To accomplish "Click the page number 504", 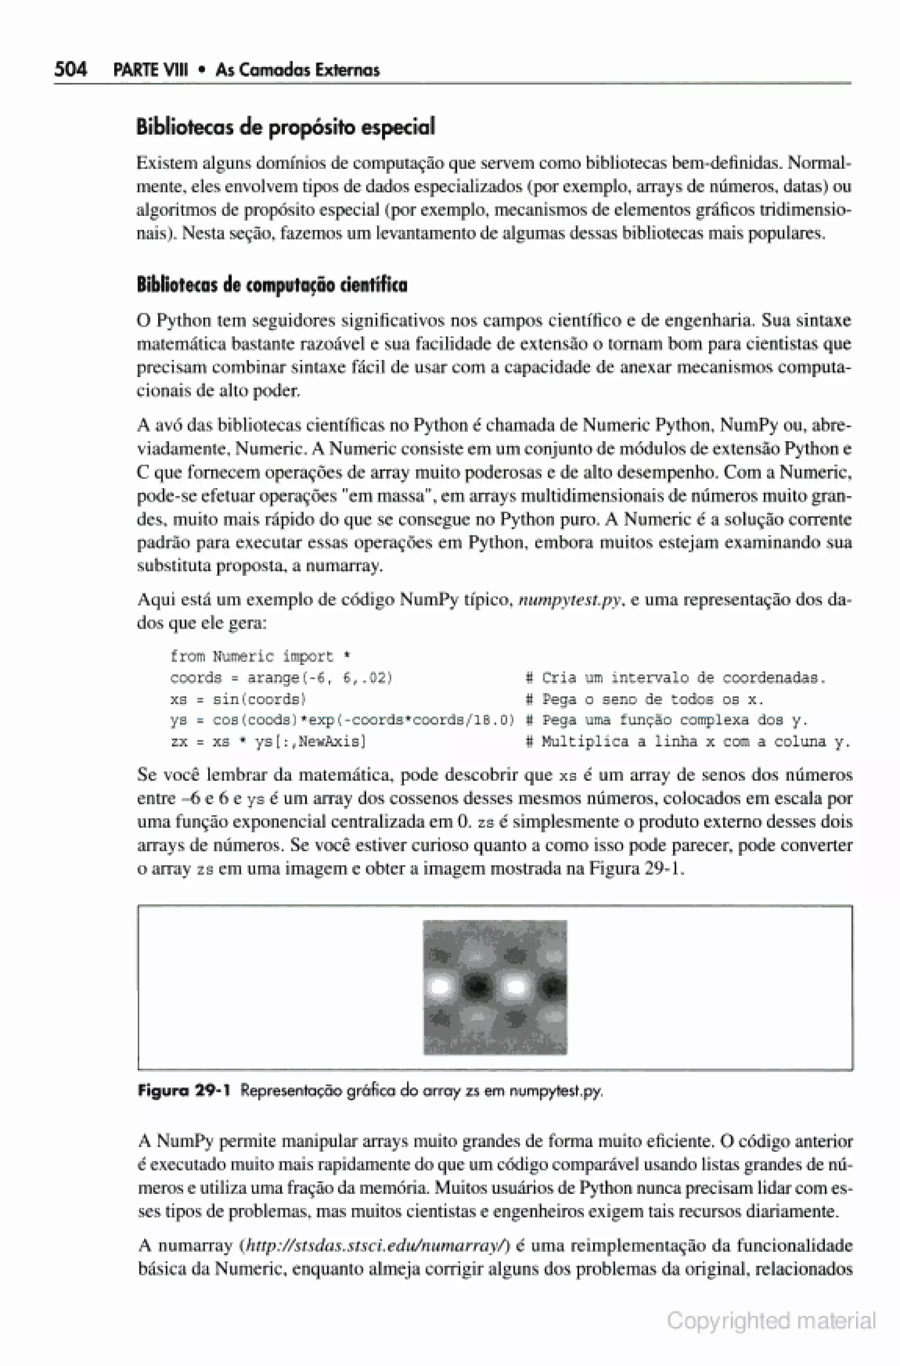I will point(71,69).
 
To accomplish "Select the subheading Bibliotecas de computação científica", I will point(272,285).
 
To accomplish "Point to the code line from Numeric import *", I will point(261,656).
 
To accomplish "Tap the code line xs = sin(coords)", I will point(238,699).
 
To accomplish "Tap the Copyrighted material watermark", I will point(771,1321).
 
